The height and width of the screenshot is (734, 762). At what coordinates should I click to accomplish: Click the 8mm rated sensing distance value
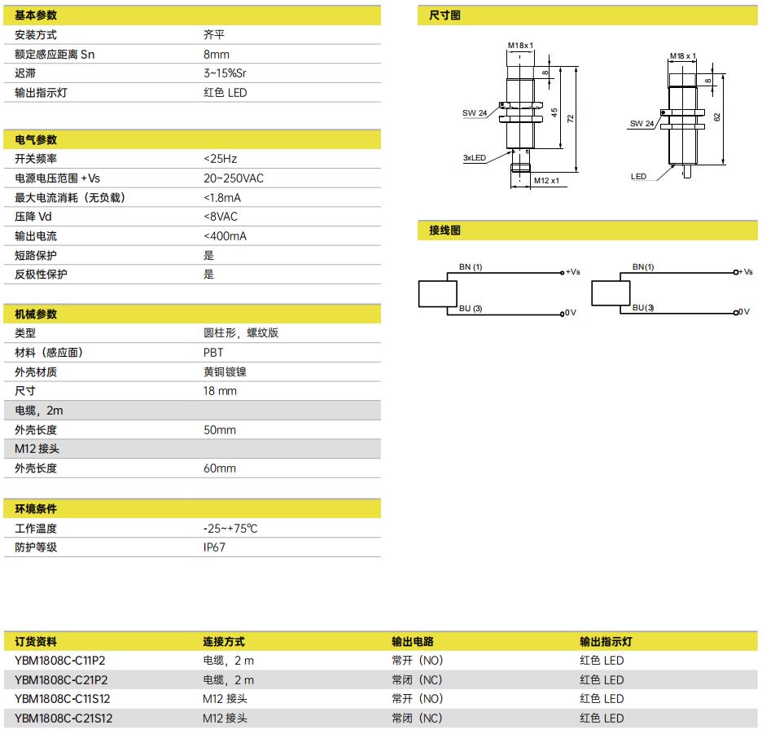(217, 55)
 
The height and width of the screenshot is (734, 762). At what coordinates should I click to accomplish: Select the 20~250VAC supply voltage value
(234, 178)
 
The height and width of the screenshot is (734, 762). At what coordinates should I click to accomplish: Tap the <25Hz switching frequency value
(220, 159)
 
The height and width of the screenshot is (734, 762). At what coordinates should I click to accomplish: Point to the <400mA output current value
(225, 236)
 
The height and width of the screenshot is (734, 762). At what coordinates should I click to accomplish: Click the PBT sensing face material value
(213, 353)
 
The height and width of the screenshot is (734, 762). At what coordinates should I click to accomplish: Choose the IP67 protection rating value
(214, 547)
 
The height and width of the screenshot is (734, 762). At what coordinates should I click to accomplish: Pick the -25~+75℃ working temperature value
(230, 529)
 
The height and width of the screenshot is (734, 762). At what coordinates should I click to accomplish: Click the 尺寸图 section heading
(444, 15)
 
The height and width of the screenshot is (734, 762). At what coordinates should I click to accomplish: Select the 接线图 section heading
(444, 231)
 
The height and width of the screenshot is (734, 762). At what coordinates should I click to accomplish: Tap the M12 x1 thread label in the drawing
(547, 181)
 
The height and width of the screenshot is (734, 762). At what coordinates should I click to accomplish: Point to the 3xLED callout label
(475, 157)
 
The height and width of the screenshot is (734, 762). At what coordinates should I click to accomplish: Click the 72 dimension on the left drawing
(571, 118)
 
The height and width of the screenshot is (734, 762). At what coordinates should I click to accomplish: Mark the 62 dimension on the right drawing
(717, 117)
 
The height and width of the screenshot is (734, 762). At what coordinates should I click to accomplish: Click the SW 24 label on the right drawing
(642, 124)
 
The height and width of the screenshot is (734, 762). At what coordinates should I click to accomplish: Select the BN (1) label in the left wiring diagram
(471, 267)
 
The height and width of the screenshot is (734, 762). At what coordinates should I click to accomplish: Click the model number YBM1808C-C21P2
(61, 680)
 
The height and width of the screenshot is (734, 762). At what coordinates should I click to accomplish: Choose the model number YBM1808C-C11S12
(63, 699)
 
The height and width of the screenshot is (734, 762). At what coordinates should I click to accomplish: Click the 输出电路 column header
(413, 642)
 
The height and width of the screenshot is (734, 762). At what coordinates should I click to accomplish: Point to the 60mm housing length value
(220, 468)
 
